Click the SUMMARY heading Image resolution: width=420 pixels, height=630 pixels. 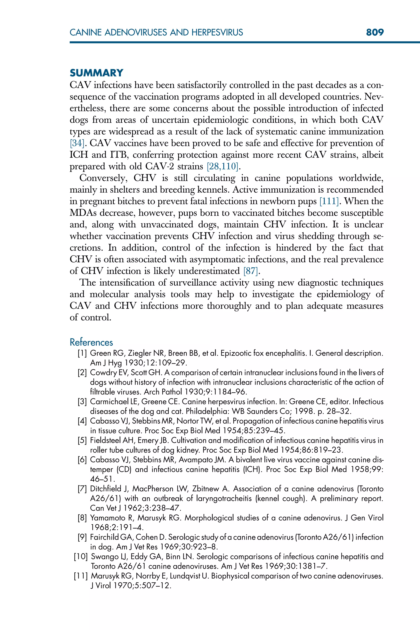tap(96, 73)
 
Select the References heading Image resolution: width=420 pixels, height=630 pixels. tap(91, 342)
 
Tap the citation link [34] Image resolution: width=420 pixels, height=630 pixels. tap(77, 143)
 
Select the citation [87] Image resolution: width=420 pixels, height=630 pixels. tap(251, 271)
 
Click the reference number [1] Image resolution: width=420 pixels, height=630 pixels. tap(82, 353)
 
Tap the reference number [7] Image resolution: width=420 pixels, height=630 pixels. tap(82, 489)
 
